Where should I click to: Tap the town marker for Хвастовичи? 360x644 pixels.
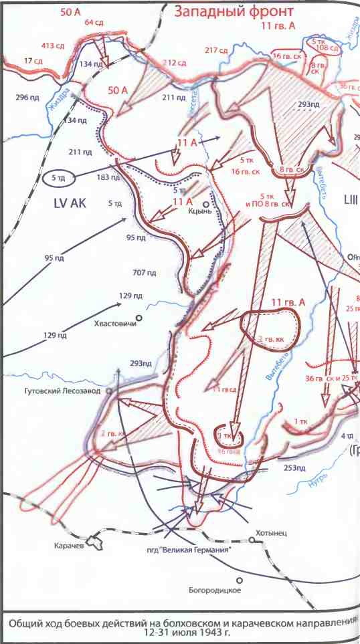point(139,318)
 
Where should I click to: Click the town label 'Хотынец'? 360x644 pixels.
point(270,533)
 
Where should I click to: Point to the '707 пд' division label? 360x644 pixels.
point(145,272)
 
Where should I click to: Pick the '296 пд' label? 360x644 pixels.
point(27,98)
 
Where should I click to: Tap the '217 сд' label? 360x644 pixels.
point(216,49)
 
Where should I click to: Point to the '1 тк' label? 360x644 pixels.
point(300,421)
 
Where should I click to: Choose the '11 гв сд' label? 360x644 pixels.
point(226,389)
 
